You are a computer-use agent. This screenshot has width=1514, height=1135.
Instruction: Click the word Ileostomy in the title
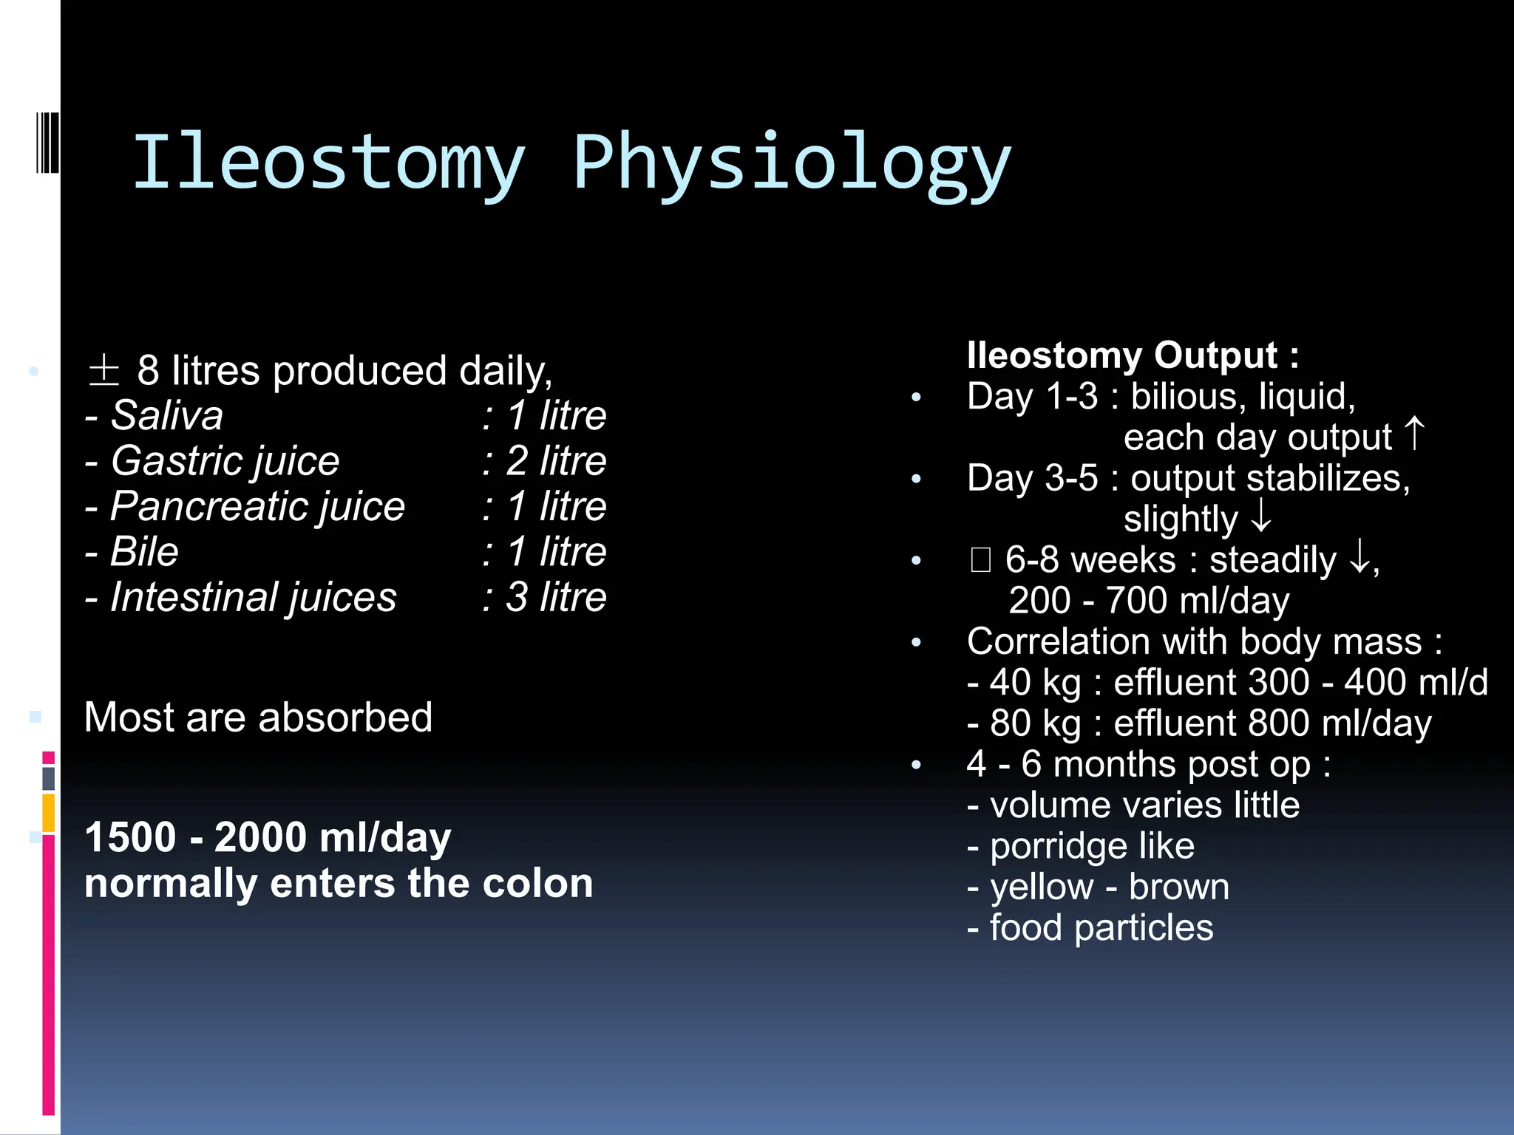(329, 163)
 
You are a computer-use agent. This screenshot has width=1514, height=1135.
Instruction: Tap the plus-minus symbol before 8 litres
(103, 370)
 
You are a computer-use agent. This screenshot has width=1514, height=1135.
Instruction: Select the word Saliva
(167, 415)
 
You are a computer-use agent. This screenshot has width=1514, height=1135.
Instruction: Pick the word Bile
(144, 552)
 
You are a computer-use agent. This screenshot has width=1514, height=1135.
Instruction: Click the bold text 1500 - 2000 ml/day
(268, 837)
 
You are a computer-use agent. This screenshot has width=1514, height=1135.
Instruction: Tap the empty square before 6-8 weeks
(980, 560)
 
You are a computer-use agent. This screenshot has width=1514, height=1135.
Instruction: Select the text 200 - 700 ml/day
(1149, 601)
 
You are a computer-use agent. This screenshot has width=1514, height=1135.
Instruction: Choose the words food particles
(1101, 927)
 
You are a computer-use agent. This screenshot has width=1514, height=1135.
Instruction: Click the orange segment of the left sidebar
(49, 812)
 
